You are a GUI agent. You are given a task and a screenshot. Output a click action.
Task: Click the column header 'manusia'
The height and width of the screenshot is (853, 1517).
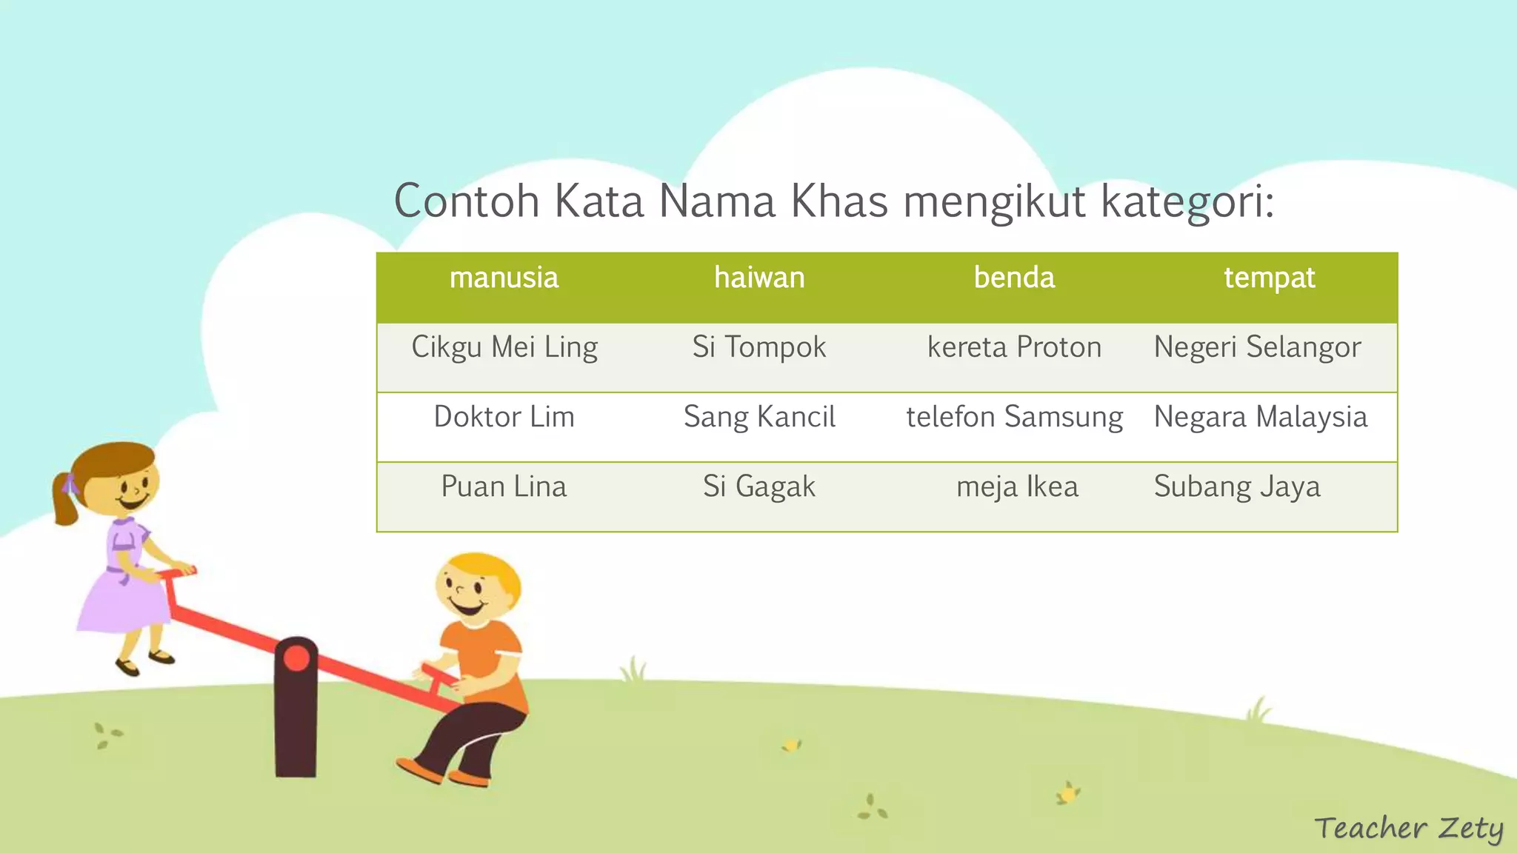[504, 278]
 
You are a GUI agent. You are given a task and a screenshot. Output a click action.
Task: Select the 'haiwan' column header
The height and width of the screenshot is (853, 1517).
[759, 278]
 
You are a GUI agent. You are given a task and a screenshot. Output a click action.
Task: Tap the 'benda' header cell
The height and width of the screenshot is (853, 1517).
[1014, 278]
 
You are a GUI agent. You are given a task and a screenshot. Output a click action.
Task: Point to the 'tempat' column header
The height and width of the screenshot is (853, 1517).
[1269, 278]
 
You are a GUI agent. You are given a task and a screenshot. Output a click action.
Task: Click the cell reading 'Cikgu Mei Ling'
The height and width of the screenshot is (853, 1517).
[504, 347]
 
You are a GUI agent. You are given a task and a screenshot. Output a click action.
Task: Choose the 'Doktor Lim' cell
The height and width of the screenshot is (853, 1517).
[504, 417]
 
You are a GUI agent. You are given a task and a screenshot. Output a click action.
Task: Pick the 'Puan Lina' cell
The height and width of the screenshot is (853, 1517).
[504, 486]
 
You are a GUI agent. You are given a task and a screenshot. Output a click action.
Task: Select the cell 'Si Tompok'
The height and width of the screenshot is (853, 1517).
[759, 347]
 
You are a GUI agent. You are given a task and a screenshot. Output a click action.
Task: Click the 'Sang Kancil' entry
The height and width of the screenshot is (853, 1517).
[759, 417]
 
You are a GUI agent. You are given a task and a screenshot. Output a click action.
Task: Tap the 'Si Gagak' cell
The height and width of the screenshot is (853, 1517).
[759, 486]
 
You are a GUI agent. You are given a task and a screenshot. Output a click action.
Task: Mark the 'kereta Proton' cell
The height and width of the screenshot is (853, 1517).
[1014, 347]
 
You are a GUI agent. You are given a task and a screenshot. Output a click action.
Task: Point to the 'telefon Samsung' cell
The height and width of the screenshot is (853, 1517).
[1014, 417]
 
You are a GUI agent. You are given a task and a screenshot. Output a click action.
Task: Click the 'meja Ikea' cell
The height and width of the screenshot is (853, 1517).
[1017, 486]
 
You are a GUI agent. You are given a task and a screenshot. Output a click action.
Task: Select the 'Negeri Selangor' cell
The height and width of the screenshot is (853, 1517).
[1257, 347]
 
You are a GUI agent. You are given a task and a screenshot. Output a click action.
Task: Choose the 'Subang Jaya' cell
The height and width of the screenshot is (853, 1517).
[1237, 486]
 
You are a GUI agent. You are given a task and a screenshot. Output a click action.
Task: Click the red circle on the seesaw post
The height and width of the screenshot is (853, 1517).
[296, 658]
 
